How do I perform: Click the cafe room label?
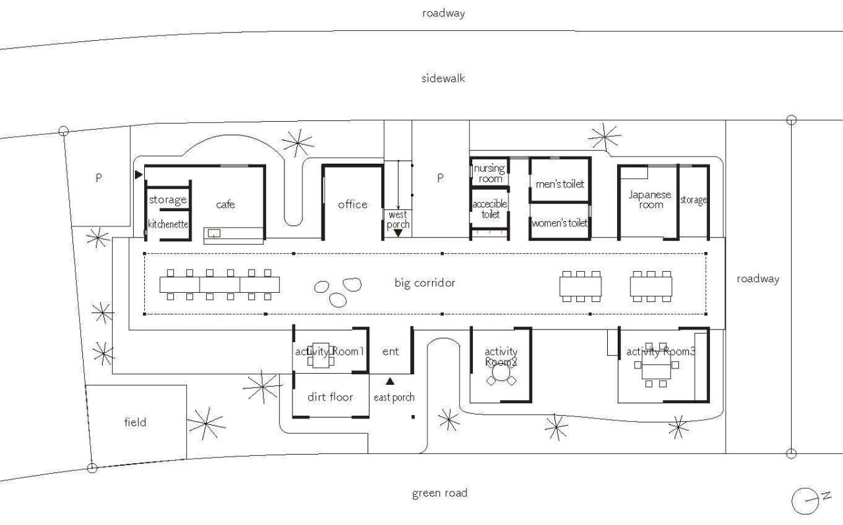pyautogui.click(x=225, y=205)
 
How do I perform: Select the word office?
pyautogui.click(x=352, y=205)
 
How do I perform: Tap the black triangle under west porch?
pyautogui.click(x=398, y=233)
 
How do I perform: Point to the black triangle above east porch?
pyautogui.click(x=390, y=381)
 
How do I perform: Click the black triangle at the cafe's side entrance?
pyautogui.click(x=138, y=174)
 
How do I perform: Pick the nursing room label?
pyautogui.click(x=489, y=174)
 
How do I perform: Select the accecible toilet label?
pyautogui.click(x=490, y=209)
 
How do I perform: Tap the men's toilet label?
pyautogui.click(x=560, y=184)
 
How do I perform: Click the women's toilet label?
pyautogui.click(x=560, y=223)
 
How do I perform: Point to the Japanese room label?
pyautogui.click(x=649, y=199)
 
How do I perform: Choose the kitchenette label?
pyautogui.click(x=168, y=224)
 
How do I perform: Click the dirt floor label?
pyautogui.click(x=330, y=397)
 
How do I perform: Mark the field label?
pyautogui.click(x=135, y=422)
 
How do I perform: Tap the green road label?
pyautogui.click(x=439, y=493)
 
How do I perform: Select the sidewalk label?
pyautogui.click(x=443, y=78)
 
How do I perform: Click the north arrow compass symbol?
pyautogui.click(x=805, y=501)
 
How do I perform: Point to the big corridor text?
pyautogui.click(x=425, y=283)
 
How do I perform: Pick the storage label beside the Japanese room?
pyautogui.click(x=693, y=200)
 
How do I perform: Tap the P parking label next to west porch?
pyautogui.click(x=440, y=178)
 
